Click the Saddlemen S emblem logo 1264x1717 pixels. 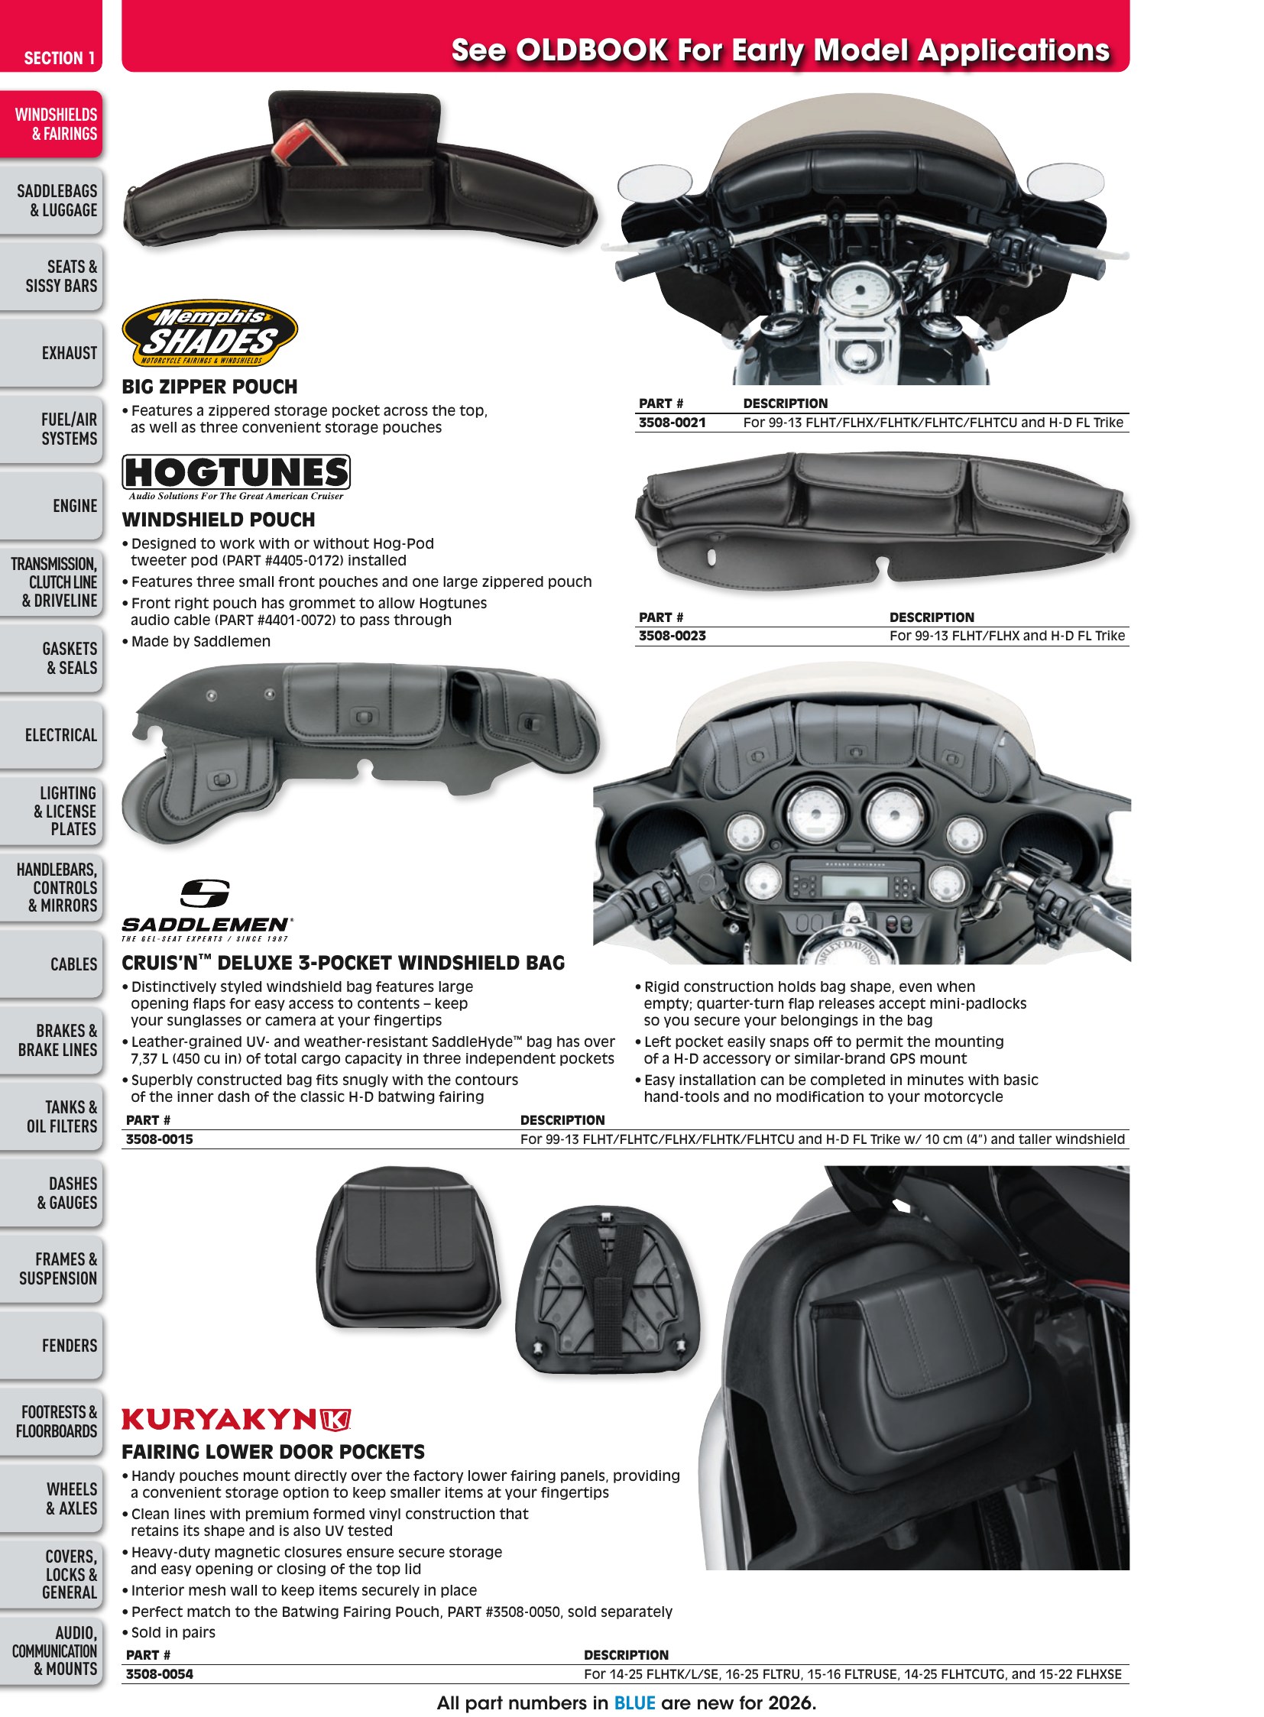(x=205, y=894)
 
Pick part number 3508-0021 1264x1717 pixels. (x=672, y=423)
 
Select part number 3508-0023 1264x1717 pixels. (x=672, y=636)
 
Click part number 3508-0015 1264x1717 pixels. (x=159, y=1139)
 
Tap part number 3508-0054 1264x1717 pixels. (x=159, y=1674)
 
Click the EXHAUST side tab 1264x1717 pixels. (x=51, y=353)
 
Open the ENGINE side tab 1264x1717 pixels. (x=51, y=506)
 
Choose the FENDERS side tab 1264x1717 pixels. (x=51, y=1345)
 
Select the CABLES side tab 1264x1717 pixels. (x=51, y=964)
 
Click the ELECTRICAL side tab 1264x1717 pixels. (x=51, y=734)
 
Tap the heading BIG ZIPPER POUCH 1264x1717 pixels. (x=209, y=387)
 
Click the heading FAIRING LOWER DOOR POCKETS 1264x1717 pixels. (x=273, y=1453)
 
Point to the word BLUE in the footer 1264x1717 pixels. (x=634, y=1703)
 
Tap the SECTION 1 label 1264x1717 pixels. (x=59, y=58)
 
